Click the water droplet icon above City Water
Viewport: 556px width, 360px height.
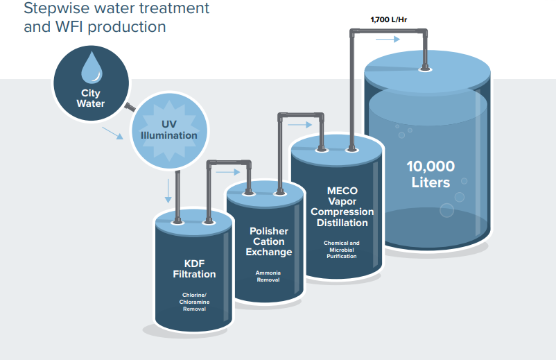pos(92,68)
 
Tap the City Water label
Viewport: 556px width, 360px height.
pos(91,98)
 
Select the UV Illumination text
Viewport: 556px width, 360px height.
pos(168,130)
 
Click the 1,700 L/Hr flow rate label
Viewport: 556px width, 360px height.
pos(389,20)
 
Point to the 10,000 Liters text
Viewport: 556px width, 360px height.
pos(431,174)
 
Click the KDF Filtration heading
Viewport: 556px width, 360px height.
pos(194,269)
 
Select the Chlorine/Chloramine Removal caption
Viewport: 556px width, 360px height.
pos(194,302)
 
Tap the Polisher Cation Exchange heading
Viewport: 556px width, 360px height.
pos(269,241)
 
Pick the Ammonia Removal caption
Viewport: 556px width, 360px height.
pos(268,276)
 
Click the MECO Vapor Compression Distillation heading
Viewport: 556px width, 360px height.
pos(342,207)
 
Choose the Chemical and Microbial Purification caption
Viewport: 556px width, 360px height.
pos(342,249)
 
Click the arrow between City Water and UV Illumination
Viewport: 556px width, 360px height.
pos(113,133)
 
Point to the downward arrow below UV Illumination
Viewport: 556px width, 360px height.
pos(168,191)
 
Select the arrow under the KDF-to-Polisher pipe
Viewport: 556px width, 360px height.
pos(228,173)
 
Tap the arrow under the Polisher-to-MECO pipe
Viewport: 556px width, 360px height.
pos(300,125)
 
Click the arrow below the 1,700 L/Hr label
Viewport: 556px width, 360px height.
pos(388,39)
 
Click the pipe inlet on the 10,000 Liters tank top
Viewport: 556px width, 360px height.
pos(425,69)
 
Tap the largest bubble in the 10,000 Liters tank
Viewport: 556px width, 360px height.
pos(446,210)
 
